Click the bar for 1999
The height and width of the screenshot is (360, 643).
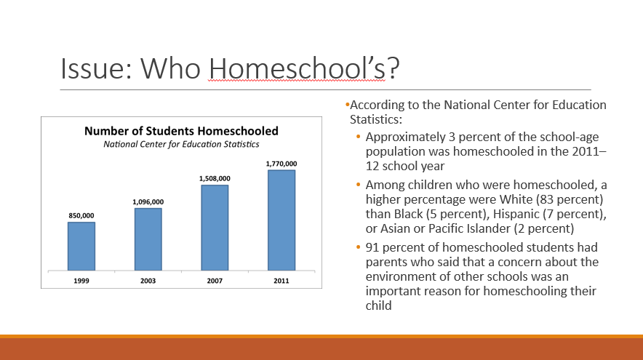(81, 245)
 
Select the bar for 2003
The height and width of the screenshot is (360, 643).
(148, 239)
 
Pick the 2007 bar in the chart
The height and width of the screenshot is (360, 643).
(215, 227)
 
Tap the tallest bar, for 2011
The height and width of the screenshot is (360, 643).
(281, 219)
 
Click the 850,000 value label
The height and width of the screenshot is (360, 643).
(81, 215)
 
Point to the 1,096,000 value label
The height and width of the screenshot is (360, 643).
(148, 201)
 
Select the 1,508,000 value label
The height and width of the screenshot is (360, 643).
(215, 178)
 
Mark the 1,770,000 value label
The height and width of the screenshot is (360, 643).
(281, 164)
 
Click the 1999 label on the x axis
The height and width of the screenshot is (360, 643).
(81, 279)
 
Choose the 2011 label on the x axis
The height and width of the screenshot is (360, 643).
(281, 279)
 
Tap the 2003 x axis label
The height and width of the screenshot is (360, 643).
(148, 279)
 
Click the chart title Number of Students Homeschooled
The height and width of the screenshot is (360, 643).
(181, 132)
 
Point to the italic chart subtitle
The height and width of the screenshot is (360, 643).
(181, 144)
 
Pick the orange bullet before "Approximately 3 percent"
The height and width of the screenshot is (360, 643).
(358, 137)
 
